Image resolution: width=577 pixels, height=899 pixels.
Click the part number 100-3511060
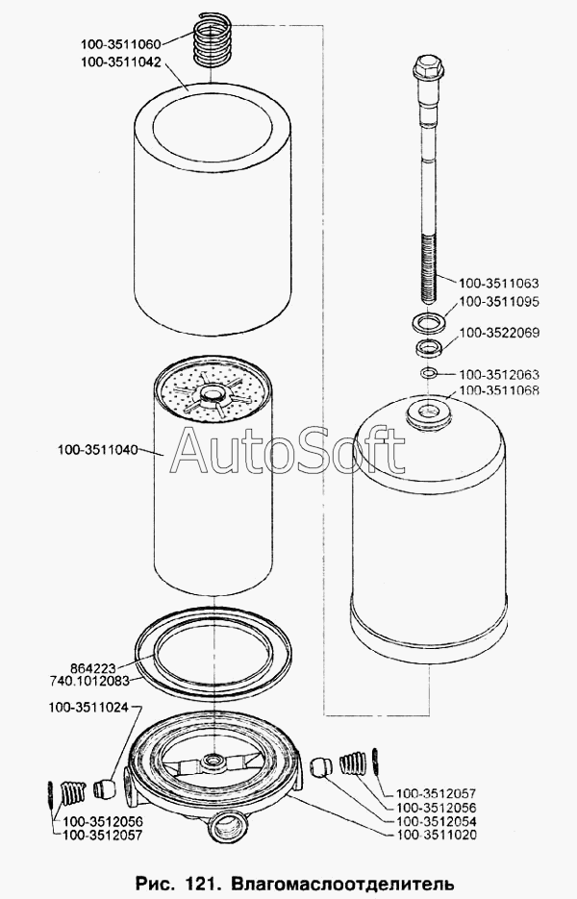tap(120, 43)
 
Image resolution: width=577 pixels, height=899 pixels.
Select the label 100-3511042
tap(120, 61)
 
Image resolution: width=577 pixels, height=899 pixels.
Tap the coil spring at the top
tap(213, 39)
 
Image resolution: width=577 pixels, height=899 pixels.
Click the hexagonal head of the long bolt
tap(426, 66)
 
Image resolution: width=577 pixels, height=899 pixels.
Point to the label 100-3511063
tap(499, 283)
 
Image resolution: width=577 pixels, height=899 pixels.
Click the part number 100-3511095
tap(499, 302)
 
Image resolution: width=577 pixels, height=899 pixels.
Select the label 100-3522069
tap(499, 333)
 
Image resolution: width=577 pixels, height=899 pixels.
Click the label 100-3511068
tap(499, 390)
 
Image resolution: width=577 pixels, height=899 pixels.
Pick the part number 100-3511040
tap(97, 450)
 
